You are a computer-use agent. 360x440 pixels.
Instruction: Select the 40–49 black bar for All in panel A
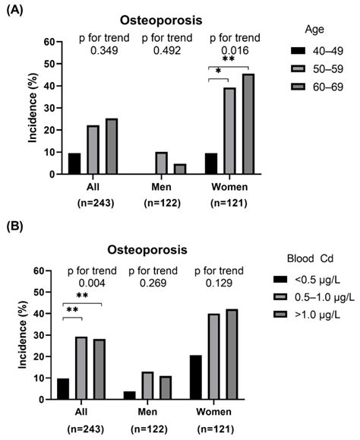point(74,163)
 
